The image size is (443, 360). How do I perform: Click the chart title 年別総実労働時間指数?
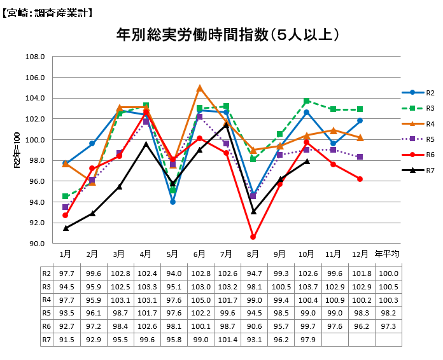point(227,34)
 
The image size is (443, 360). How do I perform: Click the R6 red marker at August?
point(253,237)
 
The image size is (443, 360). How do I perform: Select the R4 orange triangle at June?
point(200,88)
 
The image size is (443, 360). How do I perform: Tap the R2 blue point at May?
point(172,202)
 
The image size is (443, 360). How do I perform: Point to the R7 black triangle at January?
point(66,228)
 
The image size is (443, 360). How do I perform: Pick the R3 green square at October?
point(307,101)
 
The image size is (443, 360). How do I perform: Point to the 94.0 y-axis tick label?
point(35,202)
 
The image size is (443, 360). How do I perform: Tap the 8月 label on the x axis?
point(253,254)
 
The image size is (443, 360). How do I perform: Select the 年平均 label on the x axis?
point(388,254)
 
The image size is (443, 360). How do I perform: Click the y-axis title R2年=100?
point(17,151)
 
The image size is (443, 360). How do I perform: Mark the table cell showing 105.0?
point(200,300)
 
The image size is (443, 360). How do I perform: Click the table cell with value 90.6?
point(253,326)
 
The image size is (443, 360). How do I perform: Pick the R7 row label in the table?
point(46,340)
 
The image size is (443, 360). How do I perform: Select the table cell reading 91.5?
point(66,340)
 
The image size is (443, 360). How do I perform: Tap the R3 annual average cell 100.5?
point(388,286)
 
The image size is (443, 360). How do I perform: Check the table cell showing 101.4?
point(227,340)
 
